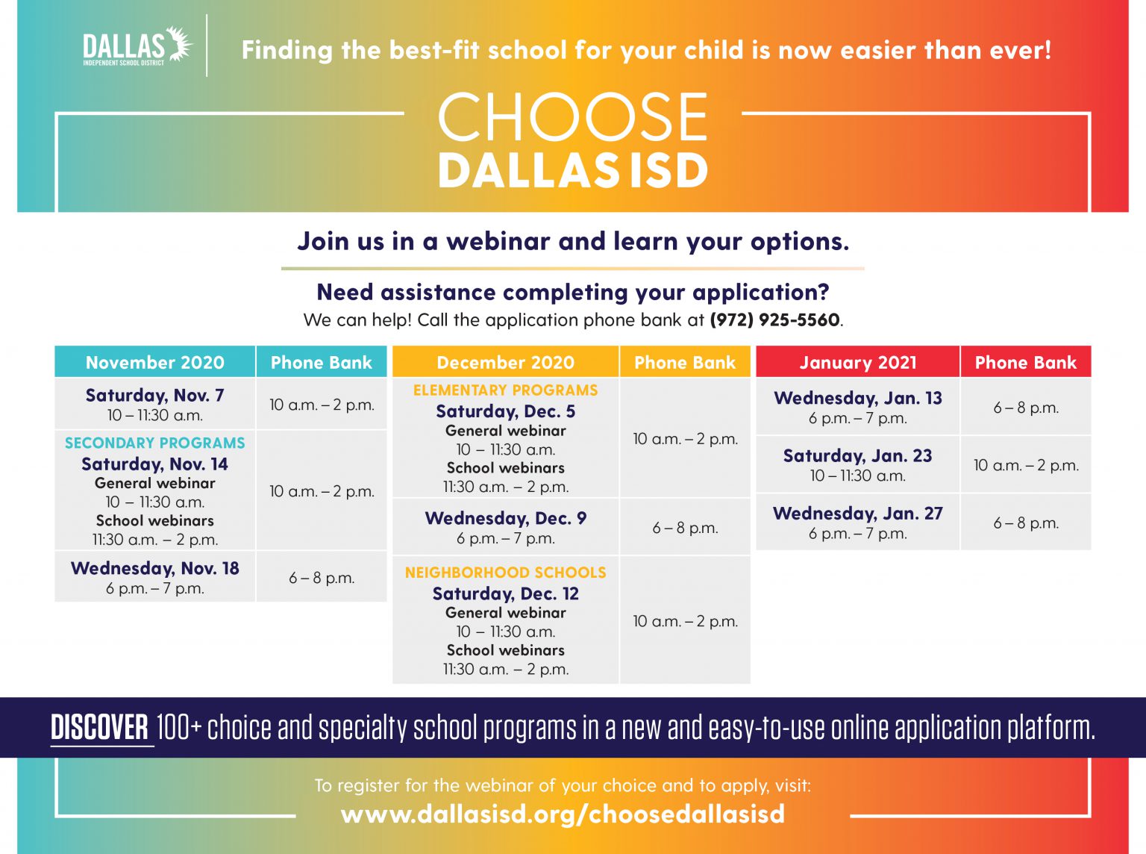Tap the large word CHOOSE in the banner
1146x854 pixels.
coord(572,117)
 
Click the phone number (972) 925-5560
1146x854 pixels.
coord(774,320)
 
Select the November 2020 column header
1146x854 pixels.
coord(155,362)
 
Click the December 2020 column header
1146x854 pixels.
coord(505,362)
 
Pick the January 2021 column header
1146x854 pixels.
coord(857,362)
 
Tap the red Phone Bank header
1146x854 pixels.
coord(1025,362)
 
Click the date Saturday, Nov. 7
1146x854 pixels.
coord(155,395)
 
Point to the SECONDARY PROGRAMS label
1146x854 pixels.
coord(155,443)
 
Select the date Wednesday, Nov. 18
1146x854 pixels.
coord(155,568)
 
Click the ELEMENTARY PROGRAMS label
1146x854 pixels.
coord(505,390)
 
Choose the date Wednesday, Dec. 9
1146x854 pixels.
coord(505,518)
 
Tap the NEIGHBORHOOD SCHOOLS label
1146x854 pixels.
coord(505,573)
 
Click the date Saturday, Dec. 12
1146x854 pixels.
coord(505,593)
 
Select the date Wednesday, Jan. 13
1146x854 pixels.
coord(857,398)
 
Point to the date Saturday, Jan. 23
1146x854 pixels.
coord(857,455)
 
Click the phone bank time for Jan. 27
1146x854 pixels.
coord(1025,523)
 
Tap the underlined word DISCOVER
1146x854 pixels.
coord(100,728)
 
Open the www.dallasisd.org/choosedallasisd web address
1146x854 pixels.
coord(563,813)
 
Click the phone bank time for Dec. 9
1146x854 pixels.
coord(685,528)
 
